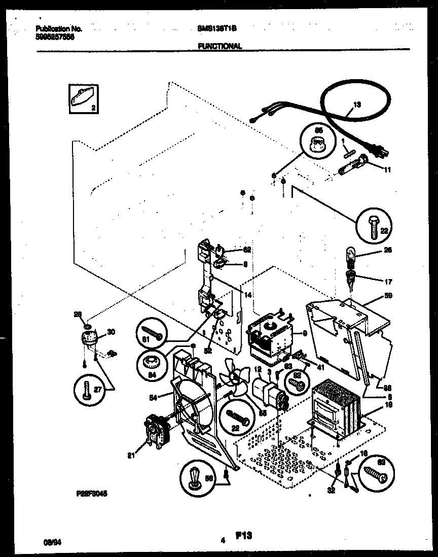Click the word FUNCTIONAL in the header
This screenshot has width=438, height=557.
[x=219, y=46]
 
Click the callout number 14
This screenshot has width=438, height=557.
[x=247, y=295]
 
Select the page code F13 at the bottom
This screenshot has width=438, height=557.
[x=244, y=535]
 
